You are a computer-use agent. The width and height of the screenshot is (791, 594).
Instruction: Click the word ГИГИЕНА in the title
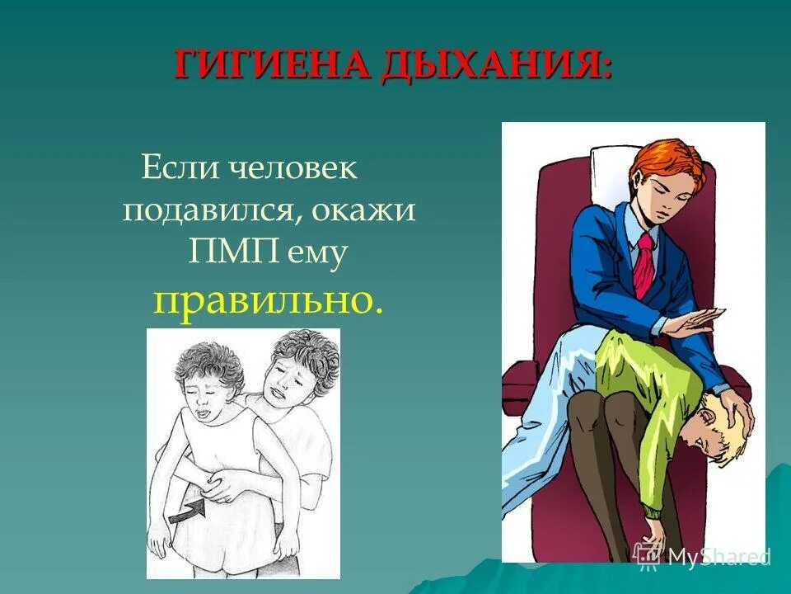coord(272,65)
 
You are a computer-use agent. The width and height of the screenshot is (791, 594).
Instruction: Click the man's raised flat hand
coord(697,321)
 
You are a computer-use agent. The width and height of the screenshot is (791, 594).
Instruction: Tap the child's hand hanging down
coord(651,540)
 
